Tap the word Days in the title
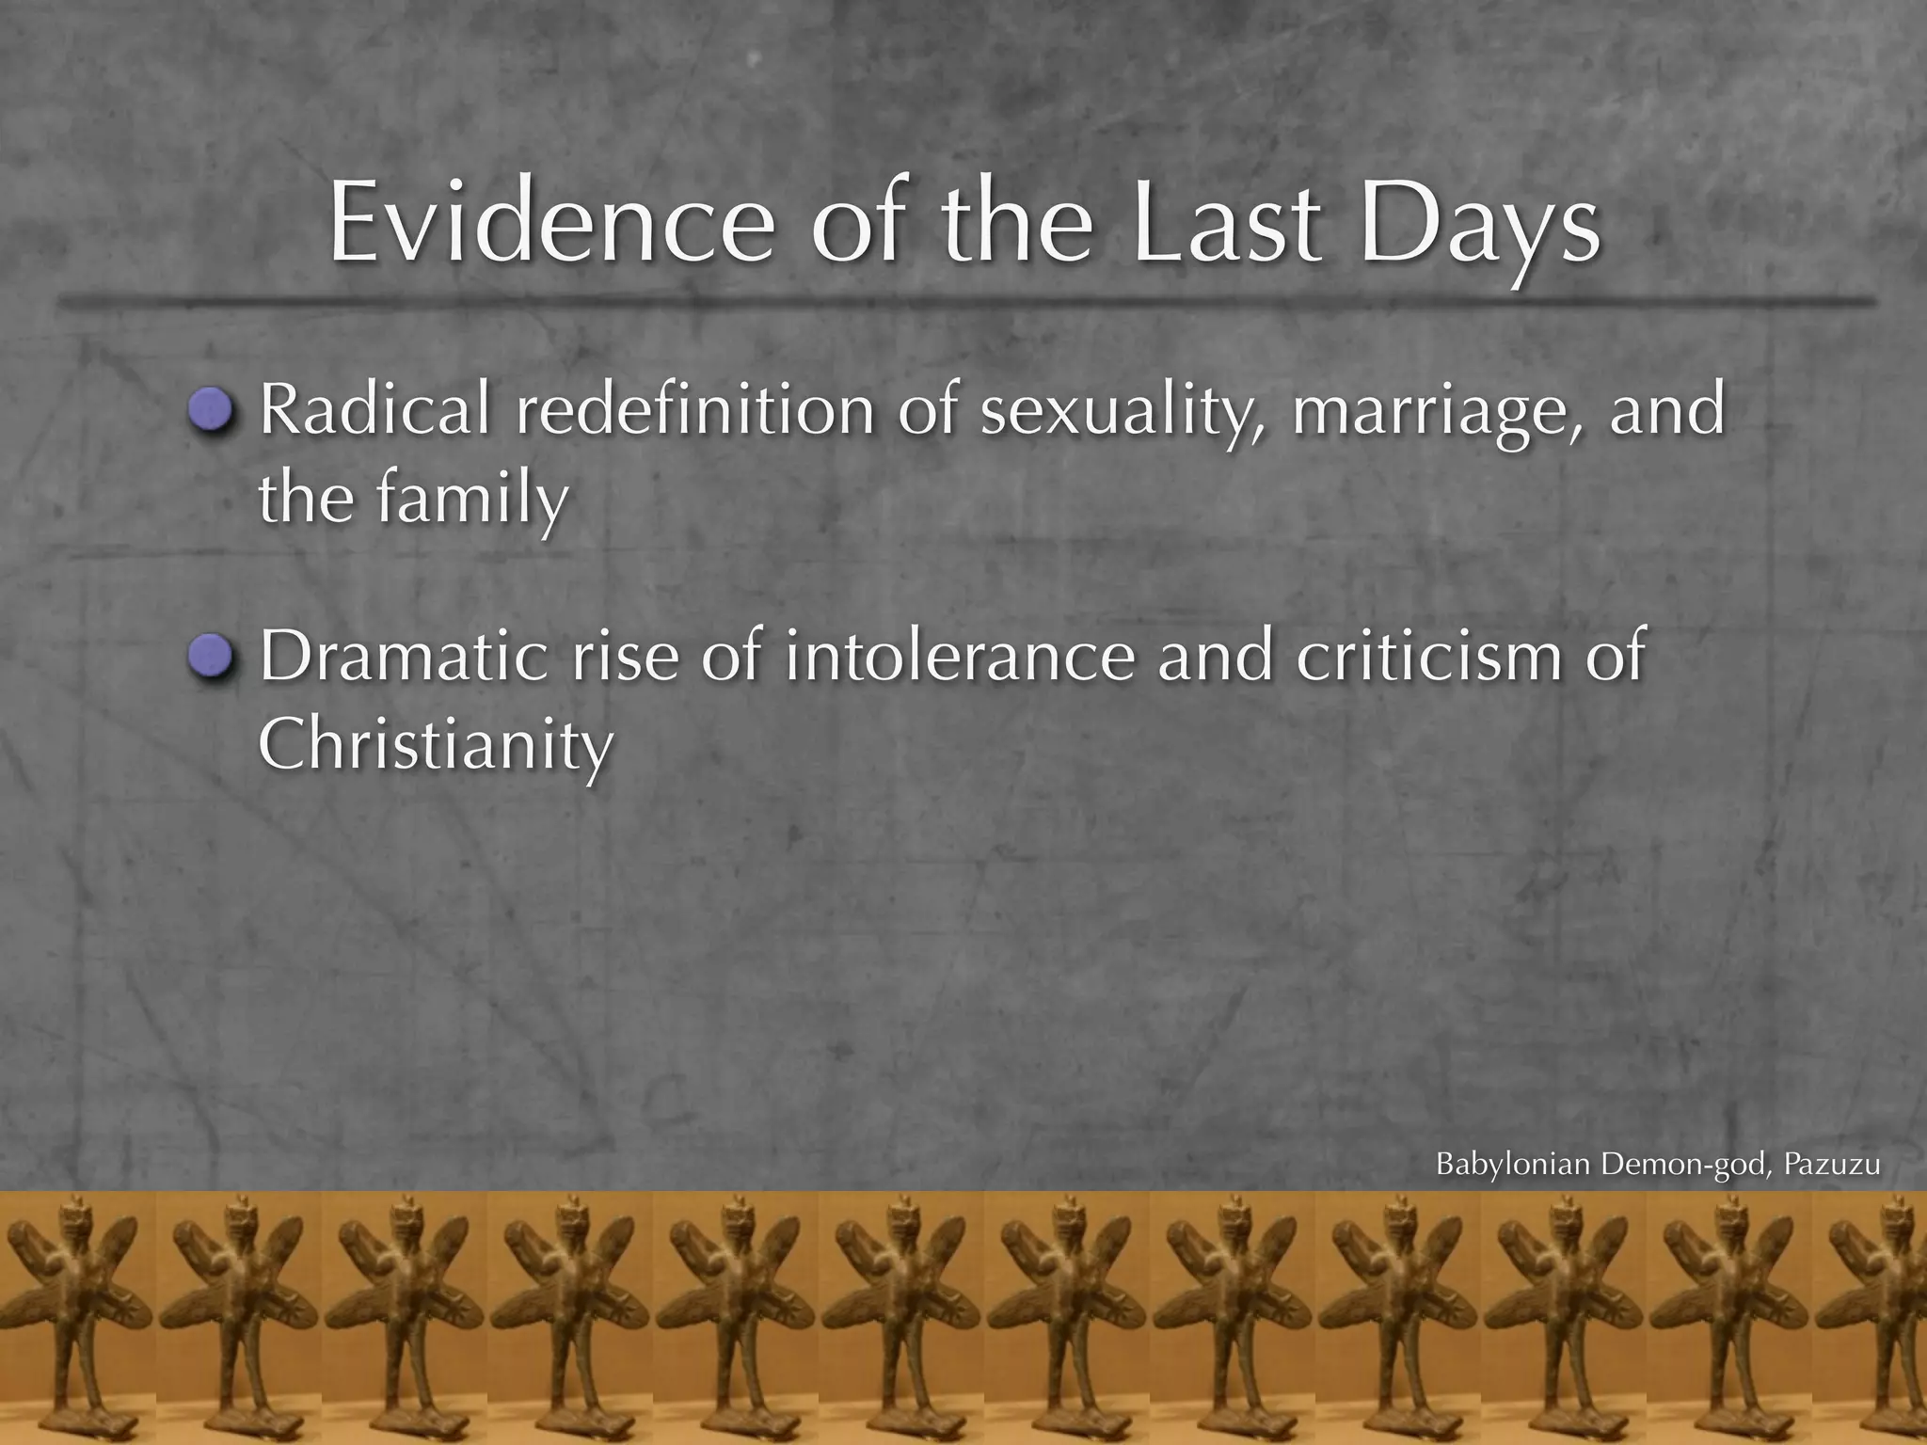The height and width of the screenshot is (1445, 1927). (x=1478, y=226)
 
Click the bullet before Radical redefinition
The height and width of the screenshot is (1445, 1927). (x=210, y=410)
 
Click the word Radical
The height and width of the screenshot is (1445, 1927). (x=374, y=411)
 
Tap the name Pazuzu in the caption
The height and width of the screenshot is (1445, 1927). (x=1831, y=1165)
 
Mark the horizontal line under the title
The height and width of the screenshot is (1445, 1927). (x=963, y=302)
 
